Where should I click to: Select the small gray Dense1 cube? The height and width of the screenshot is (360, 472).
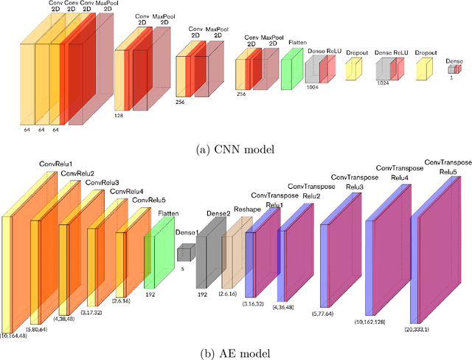pos(184,253)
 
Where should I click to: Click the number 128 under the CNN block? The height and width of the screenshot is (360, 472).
pos(119,116)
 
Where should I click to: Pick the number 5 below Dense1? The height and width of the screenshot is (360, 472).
pos(181,270)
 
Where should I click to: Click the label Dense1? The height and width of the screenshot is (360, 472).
pos(187,232)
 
